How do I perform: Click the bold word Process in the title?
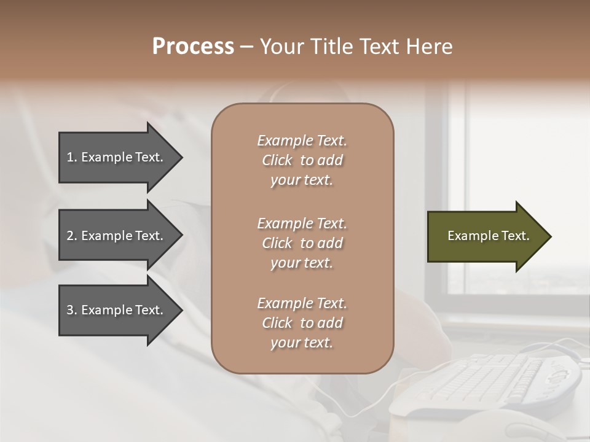(193, 47)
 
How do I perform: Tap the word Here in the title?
(428, 47)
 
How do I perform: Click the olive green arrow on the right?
(479, 236)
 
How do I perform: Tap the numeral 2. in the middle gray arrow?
(72, 236)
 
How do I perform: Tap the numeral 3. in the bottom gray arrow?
(72, 310)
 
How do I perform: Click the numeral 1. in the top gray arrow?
(71, 157)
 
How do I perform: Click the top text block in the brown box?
(302, 160)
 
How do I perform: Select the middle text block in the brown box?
(302, 242)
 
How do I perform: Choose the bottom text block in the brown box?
(302, 323)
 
